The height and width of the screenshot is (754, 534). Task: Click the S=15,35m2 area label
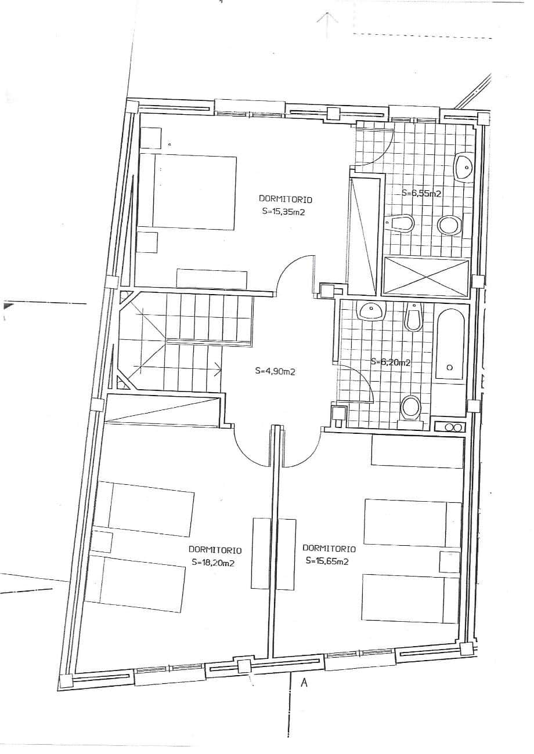click(x=286, y=212)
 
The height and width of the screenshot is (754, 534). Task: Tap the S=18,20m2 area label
click(x=213, y=563)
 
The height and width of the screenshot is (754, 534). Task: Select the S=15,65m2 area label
click(x=327, y=561)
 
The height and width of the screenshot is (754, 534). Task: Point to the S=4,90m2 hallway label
click(x=275, y=372)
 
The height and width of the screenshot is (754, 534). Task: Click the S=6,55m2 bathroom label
click(x=421, y=193)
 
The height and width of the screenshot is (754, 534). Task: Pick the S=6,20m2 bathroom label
click(x=391, y=362)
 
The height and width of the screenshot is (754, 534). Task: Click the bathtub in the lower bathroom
click(x=450, y=345)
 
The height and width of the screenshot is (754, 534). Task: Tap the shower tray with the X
click(x=427, y=277)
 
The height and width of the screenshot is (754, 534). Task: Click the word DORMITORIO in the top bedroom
click(x=286, y=200)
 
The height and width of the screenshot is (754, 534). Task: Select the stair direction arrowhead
click(x=218, y=368)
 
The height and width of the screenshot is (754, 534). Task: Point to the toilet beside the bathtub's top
click(x=413, y=317)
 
